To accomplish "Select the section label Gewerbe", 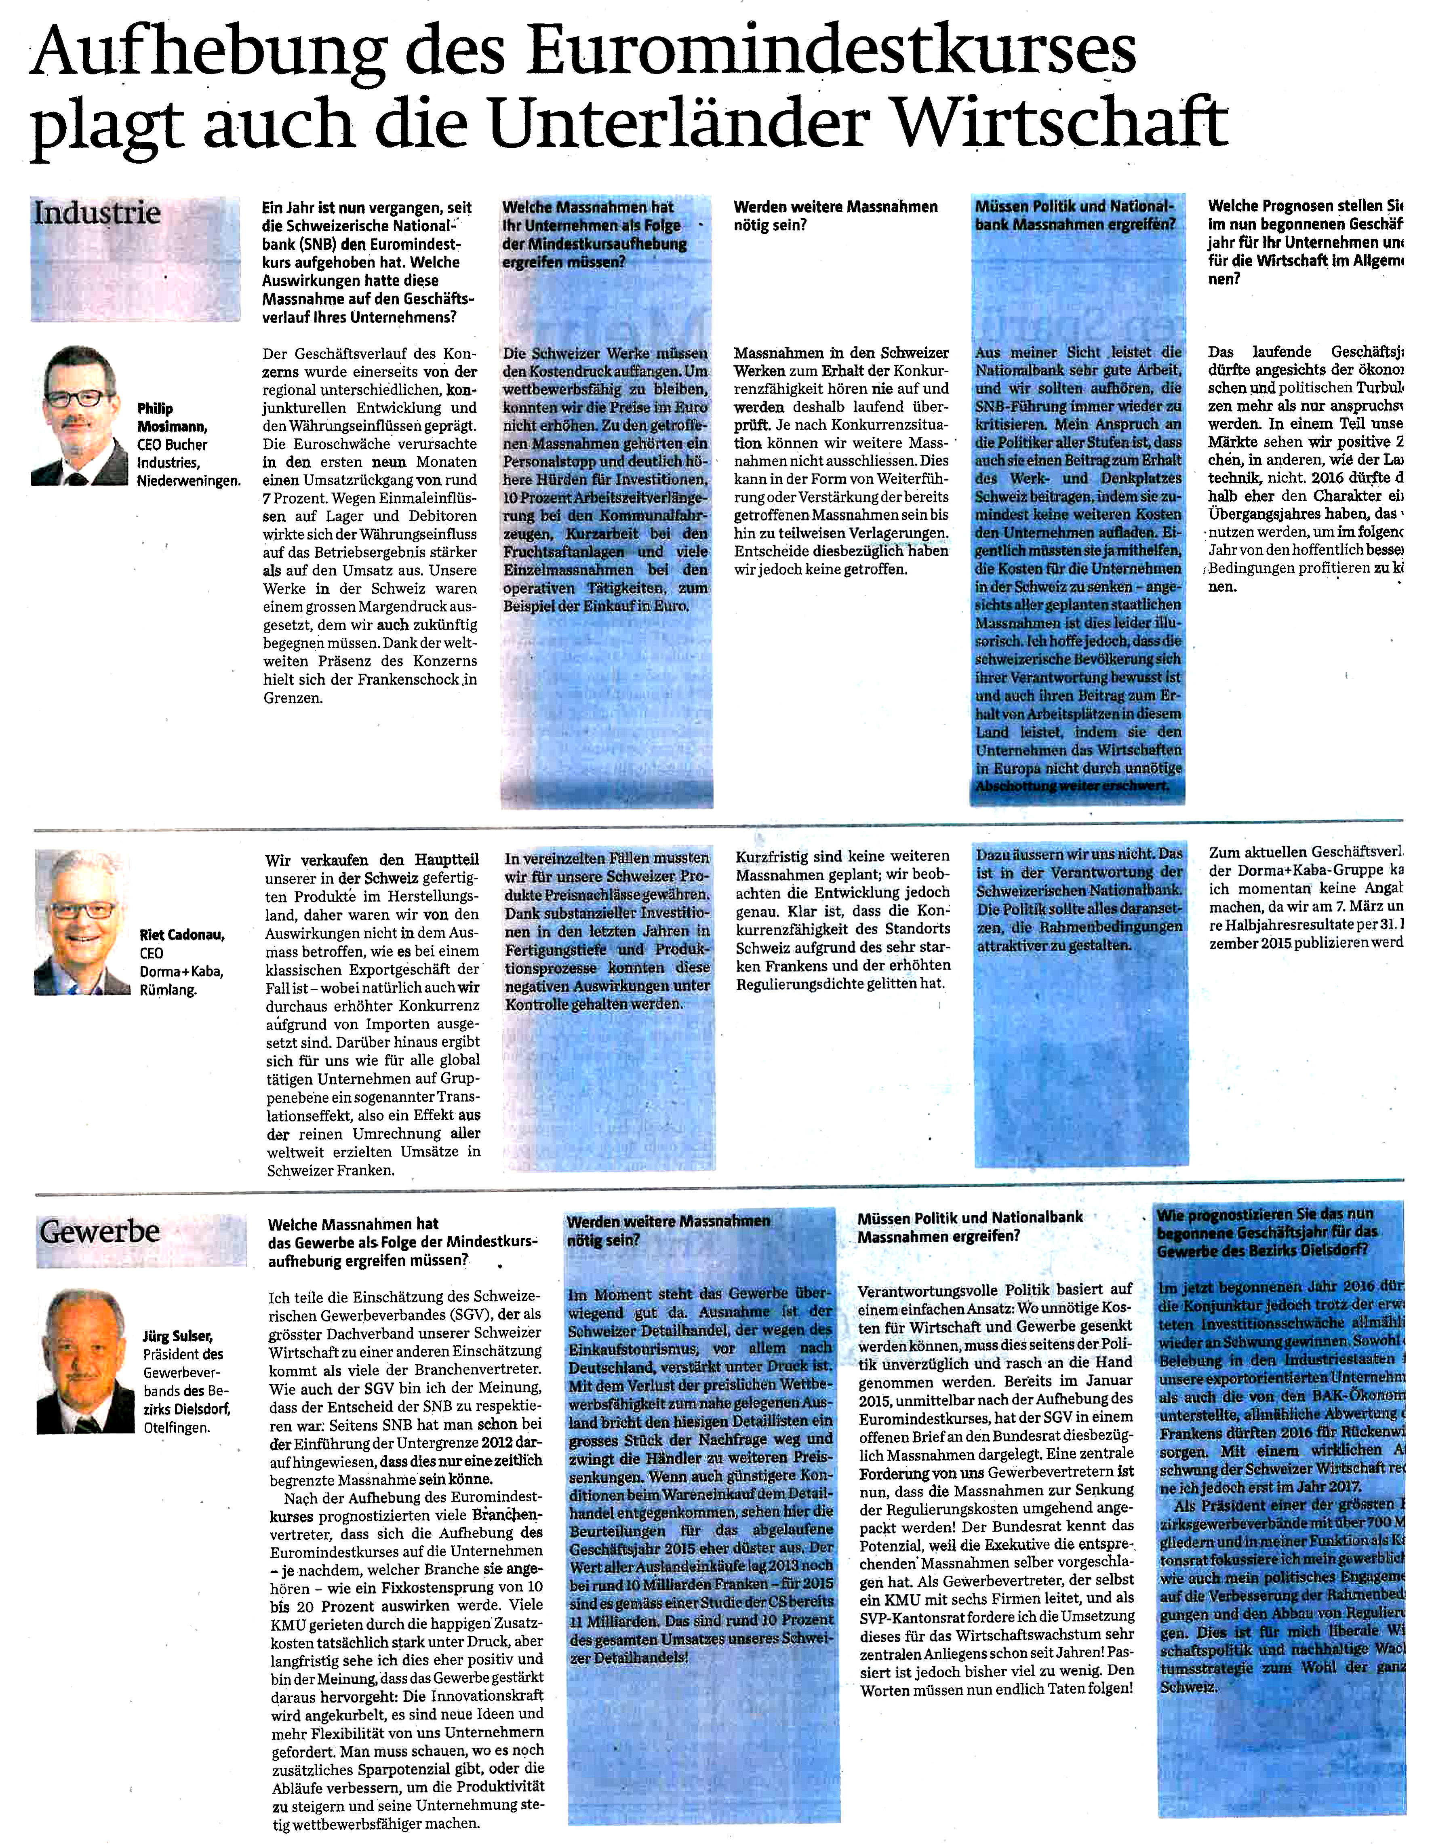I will click(100, 1231).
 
